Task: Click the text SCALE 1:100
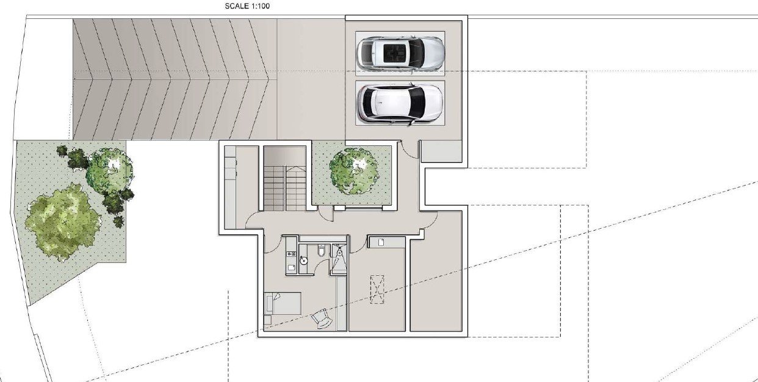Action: (247, 5)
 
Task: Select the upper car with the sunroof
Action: (400, 54)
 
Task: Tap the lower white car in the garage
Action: (400, 103)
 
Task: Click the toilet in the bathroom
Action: (322, 251)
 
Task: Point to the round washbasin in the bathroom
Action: (303, 261)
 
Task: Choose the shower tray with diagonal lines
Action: (339, 259)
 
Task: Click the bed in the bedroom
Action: (283, 304)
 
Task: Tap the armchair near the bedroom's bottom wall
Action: (322, 319)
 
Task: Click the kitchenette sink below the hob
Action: (291, 268)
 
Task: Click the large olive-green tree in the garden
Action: (63, 222)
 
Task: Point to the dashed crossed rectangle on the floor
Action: (377, 289)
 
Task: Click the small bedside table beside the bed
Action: (267, 320)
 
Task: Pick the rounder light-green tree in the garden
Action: (109, 170)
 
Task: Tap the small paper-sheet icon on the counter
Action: (381, 242)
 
